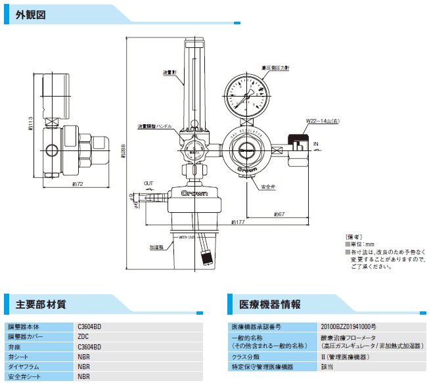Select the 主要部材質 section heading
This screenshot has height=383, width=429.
pos(40,304)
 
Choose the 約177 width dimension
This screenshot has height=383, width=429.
pos(237,223)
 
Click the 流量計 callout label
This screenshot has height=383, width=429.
pos(169,72)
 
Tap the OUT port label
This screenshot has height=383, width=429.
pos(149,183)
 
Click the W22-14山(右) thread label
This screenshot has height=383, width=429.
pos(322,121)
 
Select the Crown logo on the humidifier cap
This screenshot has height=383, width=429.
pos(195,194)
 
